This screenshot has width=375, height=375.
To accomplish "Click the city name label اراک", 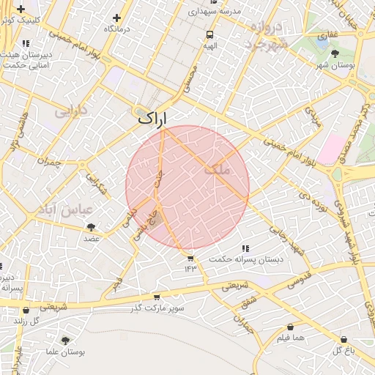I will (152, 116).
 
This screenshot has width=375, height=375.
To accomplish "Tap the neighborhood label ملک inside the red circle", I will (218, 168).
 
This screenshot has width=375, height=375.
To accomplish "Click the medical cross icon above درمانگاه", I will (116, 17).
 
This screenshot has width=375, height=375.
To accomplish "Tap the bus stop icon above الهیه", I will (210, 34).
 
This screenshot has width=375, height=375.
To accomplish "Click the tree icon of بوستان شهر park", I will (335, 53).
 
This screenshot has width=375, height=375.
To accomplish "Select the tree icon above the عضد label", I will (92, 227).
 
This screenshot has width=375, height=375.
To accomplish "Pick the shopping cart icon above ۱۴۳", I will (190, 258).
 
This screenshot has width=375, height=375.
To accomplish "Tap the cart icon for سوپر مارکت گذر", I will (156, 297).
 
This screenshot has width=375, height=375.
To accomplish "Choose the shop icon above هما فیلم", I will (292, 327).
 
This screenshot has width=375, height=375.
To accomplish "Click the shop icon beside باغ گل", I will (345, 339).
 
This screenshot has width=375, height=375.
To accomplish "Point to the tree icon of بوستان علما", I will (66, 341).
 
